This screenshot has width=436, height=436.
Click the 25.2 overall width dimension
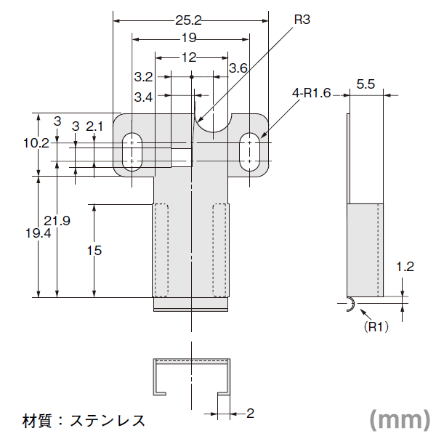(188, 20)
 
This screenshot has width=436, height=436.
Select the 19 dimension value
(189, 38)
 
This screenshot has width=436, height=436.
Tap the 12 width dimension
(189, 57)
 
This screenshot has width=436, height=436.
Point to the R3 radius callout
(302, 20)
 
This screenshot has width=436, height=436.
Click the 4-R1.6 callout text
(311, 93)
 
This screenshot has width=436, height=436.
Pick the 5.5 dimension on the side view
(366, 84)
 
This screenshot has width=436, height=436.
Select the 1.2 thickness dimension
(405, 267)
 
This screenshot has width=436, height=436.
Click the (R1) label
(376, 326)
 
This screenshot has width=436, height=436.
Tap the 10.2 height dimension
(36, 143)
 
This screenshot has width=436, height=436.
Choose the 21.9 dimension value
(57, 221)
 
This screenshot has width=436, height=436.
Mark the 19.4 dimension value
(38, 233)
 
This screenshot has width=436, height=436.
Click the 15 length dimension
(94, 251)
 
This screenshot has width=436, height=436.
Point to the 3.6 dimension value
(238, 68)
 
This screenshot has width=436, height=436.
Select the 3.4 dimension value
(143, 97)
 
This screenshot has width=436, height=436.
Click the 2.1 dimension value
(94, 126)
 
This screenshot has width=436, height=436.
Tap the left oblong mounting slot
(132, 152)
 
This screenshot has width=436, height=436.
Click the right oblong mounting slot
(250, 152)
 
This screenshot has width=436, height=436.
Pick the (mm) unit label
(400, 420)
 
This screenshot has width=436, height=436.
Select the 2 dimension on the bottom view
(250, 413)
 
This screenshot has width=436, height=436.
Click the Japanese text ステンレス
(108, 421)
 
